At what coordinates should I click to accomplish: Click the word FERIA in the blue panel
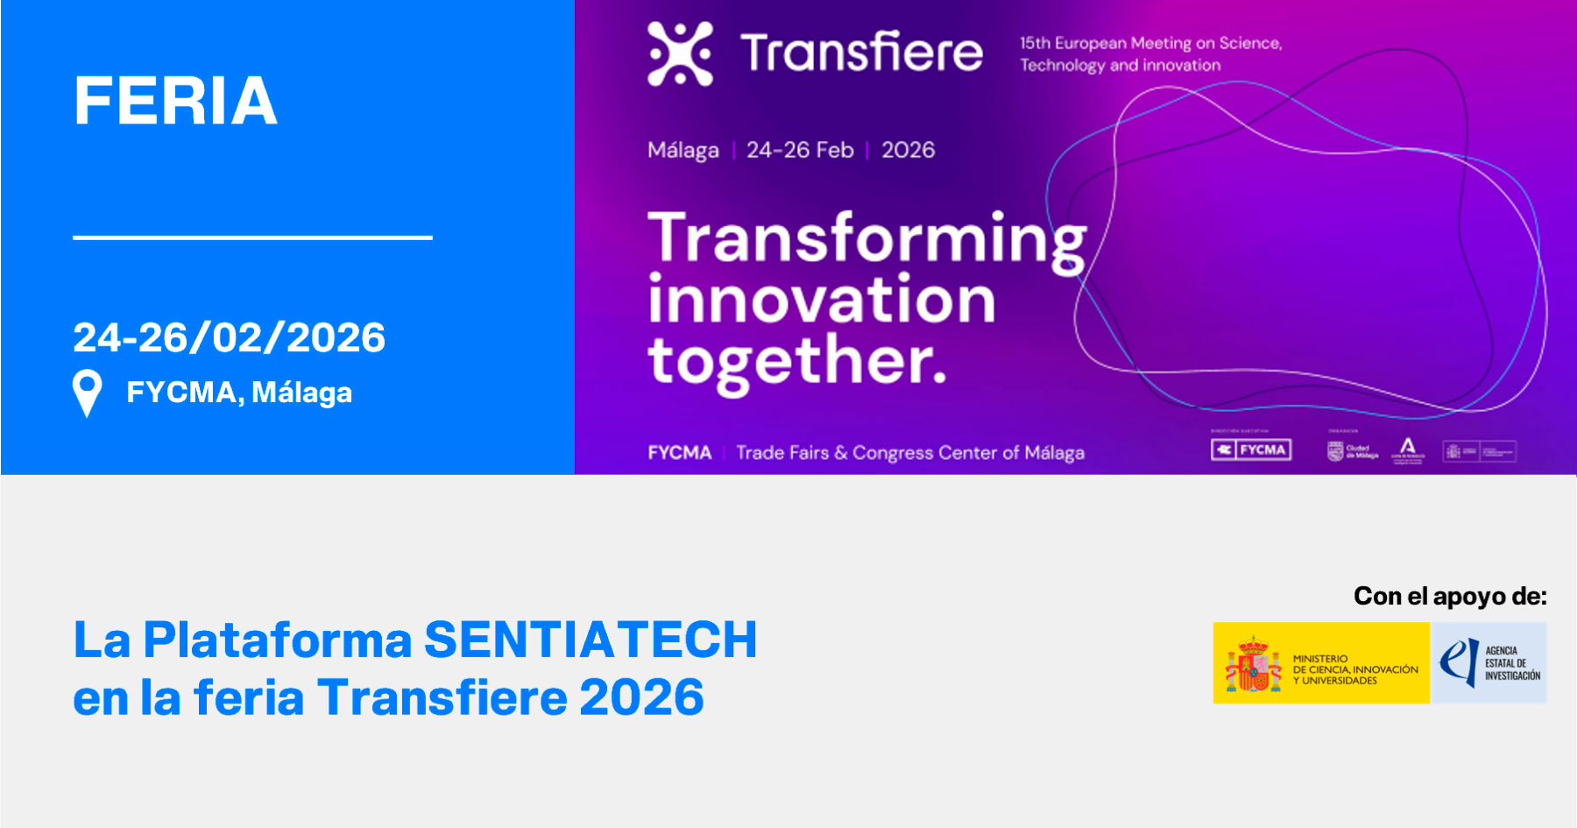(175, 101)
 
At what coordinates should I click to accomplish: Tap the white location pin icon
(87, 391)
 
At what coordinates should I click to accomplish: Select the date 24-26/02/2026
(229, 337)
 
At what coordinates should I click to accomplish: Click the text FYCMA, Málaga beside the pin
(239, 393)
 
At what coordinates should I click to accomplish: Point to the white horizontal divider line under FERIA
(252, 237)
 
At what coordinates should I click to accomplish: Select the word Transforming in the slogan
(866, 239)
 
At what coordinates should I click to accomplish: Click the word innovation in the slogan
(822, 301)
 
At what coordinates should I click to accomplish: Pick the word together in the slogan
(796, 362)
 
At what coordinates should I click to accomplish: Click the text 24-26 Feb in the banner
(800, 150)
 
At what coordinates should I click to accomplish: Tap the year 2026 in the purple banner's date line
(908, 150)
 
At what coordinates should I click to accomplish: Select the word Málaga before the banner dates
(682, 151)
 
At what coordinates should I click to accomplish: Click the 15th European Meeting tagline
(1149, 53)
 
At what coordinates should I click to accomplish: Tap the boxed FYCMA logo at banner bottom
(1251, 449)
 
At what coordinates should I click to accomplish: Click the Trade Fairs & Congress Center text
(909, 453)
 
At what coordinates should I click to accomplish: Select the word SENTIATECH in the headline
(590, 640)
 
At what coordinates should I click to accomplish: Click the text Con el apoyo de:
(1450, 597)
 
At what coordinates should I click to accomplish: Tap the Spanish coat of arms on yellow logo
(1253, 665)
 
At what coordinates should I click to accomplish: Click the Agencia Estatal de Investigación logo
(1489, 663)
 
